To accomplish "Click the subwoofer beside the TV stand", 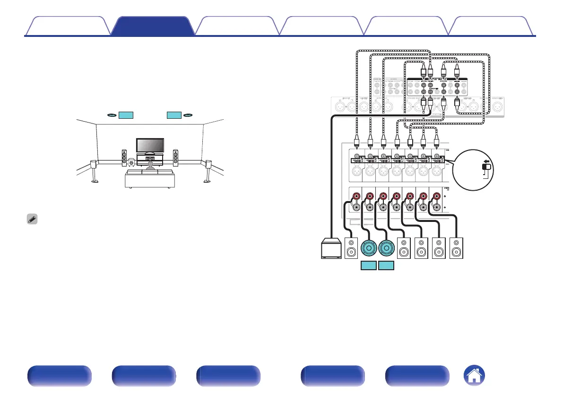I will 131,163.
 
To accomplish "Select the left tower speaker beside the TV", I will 124,158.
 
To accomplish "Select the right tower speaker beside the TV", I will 175,158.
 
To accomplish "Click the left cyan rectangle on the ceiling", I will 126,115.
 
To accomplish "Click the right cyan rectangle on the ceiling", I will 174,115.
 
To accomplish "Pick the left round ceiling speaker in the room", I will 112,115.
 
